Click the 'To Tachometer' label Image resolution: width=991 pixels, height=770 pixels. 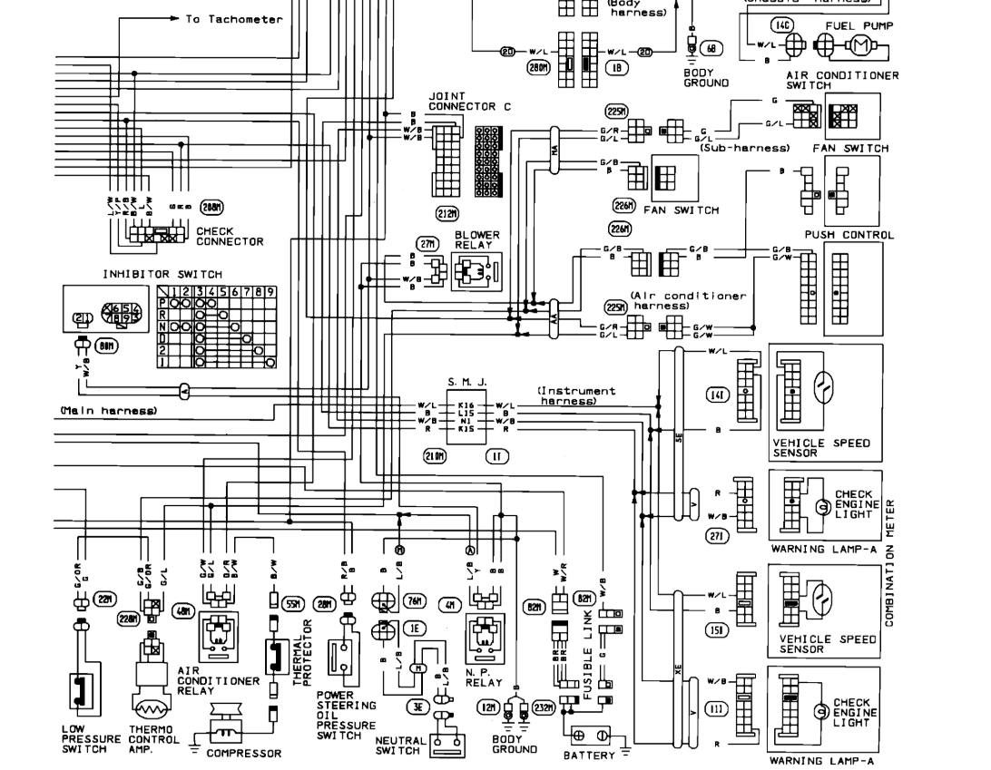tap(234, 19)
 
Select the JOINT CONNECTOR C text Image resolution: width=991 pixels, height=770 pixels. tap(469, 101)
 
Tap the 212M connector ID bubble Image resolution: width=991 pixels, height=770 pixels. tap(446, 214)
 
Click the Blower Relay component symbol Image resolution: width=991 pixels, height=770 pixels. tap(476, 270)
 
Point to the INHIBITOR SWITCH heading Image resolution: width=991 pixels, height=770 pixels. tap(162, 274)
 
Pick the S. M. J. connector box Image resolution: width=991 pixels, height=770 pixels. tap(466, 416)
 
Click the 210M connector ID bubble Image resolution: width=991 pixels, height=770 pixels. tap(435, 455)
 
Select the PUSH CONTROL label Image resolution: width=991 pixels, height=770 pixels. tap(849, 235)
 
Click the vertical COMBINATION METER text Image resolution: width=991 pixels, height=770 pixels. tap(889, 562)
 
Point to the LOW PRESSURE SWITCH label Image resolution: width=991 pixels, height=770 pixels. tap(91, 739)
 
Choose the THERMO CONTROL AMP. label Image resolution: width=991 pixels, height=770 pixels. tap(151, 739)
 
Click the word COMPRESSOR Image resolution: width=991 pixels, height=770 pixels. tap(243, 753)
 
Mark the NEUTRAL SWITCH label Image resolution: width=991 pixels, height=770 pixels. tap(399, 746)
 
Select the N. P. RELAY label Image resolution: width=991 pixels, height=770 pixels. tap(484, 677)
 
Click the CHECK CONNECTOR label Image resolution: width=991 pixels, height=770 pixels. tap(230, 237)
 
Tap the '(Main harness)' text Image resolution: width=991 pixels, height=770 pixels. tap(109, 411)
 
